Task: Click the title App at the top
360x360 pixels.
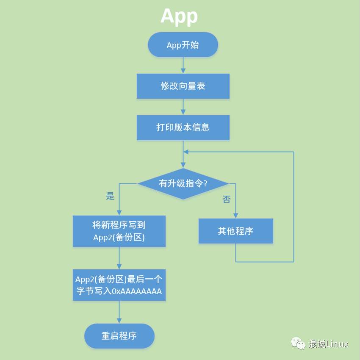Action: [179, 16]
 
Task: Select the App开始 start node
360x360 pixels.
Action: [183, 45]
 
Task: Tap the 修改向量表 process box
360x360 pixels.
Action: [183, 86]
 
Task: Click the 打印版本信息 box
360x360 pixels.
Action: [183, 127]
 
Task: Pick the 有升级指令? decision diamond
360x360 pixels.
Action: [183, 183]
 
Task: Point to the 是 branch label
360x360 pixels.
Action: [110, 196]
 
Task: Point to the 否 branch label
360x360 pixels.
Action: [227, 199]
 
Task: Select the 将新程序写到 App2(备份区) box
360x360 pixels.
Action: [119, 231]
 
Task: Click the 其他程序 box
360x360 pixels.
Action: [236, 231]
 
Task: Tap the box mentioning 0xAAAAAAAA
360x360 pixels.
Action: [119, 285]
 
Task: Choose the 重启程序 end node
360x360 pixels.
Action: [119, 336]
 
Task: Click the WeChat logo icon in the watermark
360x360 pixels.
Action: [298, 343]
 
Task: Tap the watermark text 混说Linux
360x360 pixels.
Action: [328, 344]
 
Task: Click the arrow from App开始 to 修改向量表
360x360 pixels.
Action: [183, 65]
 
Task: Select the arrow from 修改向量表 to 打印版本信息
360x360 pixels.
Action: [183, 107]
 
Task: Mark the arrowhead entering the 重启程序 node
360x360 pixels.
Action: [119, 321]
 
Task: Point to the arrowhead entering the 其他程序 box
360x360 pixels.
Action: [236, 216]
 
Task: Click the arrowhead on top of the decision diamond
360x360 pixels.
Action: [183, 165]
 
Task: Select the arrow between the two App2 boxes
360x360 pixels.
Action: [119, 258]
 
